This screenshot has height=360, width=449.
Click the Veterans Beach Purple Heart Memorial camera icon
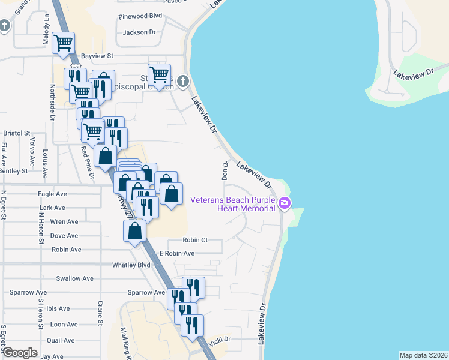coord(285,204)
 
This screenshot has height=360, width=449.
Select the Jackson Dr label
coord(139,32)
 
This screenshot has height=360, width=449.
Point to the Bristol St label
coord(16,133)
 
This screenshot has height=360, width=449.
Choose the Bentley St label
coord(14,171)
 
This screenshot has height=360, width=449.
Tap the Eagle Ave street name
coord(52,194)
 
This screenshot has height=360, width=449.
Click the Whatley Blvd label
coord(131,265)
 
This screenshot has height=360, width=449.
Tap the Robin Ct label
coord(195,240)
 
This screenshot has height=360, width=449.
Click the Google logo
coord(20,353)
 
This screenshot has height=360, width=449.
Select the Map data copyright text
coord(423,355)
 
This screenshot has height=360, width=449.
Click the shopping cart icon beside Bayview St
coord(63,43)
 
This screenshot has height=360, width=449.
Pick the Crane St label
coord(101,313)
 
